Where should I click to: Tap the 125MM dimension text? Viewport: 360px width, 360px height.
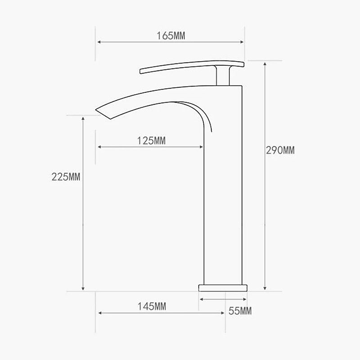(151, 141)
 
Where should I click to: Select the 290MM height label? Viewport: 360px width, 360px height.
(280, 150)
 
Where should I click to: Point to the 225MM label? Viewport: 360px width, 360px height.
(66, 177)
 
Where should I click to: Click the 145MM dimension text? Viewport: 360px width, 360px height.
(152, 307)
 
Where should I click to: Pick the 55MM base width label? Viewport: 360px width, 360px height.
(240, 310)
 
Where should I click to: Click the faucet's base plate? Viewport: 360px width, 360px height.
(223, 287)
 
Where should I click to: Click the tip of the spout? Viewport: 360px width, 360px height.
(97, 109)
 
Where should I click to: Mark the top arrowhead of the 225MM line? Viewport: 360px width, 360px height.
(83, 118)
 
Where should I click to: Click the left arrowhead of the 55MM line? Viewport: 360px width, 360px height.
(201, 299)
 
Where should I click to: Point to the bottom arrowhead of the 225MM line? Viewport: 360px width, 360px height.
(83, 288)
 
